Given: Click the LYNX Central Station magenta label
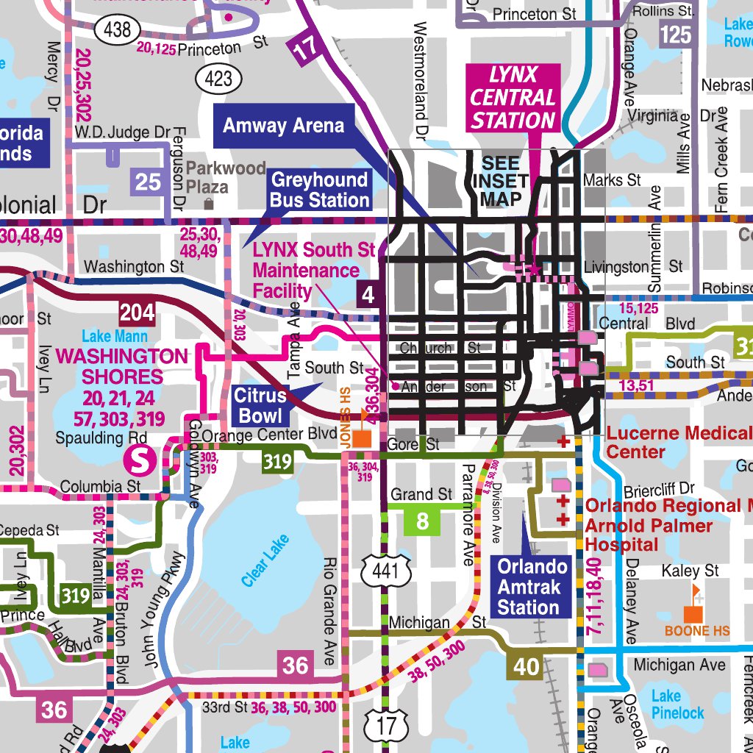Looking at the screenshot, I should (x=513, y=97).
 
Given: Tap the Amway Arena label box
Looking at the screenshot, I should (x=283, y=126).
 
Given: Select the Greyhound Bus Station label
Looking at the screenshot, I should (x=319, y=190).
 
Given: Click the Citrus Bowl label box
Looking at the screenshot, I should (x=260, y=406).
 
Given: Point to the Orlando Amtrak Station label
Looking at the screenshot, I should (x=532, y=587).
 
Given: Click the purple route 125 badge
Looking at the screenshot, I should (x=675, y=34).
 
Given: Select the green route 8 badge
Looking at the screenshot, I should (x=422, y=521).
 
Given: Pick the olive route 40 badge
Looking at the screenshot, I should (x=526, y=667).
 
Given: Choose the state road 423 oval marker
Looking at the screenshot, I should (x=218, y=79).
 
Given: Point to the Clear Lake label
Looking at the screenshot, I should (x=265, y=560).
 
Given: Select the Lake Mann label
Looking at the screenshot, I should (x=114, y=337).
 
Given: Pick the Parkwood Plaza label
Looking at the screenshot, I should (x=225, y=176).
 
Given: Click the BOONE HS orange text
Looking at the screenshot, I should (x=697, y=631).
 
